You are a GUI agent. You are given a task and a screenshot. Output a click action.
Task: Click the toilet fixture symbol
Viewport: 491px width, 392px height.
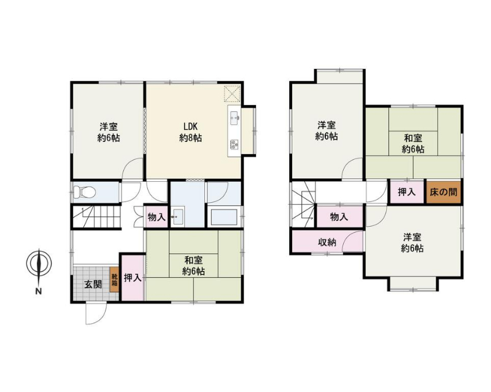click(84, 192)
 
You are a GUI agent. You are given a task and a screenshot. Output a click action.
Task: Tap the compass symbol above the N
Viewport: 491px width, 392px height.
click(39, 264)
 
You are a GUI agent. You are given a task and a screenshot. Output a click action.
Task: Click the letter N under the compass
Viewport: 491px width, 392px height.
click(39, 291)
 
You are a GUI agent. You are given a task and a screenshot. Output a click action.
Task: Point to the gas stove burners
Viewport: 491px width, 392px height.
click(234, 144)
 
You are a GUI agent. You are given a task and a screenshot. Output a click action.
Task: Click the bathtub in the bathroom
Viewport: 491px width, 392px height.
click(225, 217)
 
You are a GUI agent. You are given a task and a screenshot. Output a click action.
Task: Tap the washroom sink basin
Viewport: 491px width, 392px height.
click(178, 216)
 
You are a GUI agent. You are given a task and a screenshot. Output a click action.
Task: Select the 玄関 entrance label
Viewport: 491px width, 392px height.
click(93, 284)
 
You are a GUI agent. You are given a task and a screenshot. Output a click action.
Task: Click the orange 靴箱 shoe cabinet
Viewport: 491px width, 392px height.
click(114, 280)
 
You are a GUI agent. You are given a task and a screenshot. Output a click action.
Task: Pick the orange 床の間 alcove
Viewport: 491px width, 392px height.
click(443, 192)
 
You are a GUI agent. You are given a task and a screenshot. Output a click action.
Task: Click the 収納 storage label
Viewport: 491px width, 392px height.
click(327, 242)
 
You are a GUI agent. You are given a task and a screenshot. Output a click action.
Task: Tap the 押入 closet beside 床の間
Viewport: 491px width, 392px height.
click(407, 192)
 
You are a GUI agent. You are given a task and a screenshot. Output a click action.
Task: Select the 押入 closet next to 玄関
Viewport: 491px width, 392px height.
click(133, 278)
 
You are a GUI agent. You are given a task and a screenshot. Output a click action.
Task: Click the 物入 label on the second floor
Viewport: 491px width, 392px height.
click(339, 216)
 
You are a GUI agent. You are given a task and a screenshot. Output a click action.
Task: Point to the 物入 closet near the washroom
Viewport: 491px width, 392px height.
click(157, 216)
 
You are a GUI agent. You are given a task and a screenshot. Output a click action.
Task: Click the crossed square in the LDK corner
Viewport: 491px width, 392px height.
click(233, 93)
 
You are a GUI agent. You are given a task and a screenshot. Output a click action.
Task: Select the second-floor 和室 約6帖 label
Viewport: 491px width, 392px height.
click(413, 144)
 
